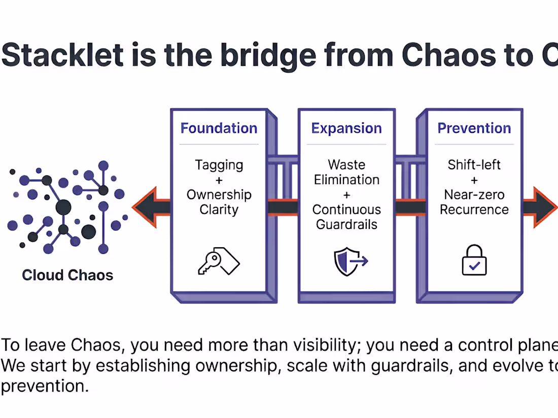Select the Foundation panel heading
coord(219,128)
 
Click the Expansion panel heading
coord(346,128)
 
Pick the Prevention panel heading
coord(474,128)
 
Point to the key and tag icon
coord(218,261)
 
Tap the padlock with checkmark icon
coord(474,260)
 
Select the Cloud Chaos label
coord(67,275)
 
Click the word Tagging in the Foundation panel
coord(219,165)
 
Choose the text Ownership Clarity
coord(219,202)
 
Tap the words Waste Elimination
coord(346,172)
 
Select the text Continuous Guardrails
coord(346,217)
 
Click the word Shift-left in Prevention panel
coord(474,165)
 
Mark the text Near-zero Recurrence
coord(474,202)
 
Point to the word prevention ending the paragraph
coord(44,386)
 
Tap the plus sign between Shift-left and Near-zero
coord(474,180)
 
